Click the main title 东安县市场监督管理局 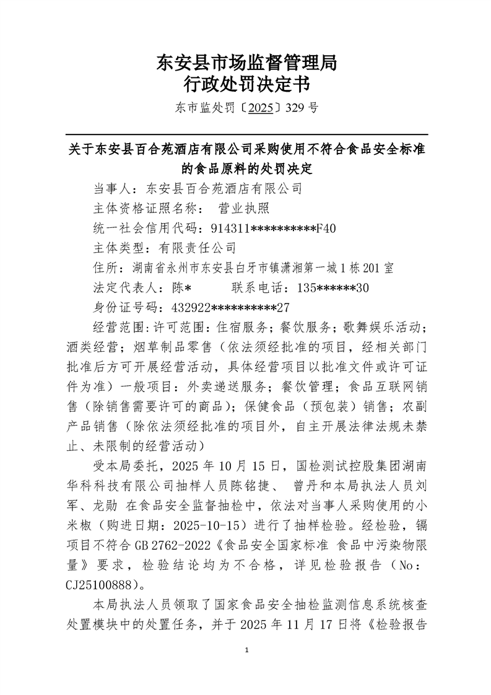[x=246, y=63]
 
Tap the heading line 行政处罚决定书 [x=246, y=84]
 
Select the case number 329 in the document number [x=297, y=108]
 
